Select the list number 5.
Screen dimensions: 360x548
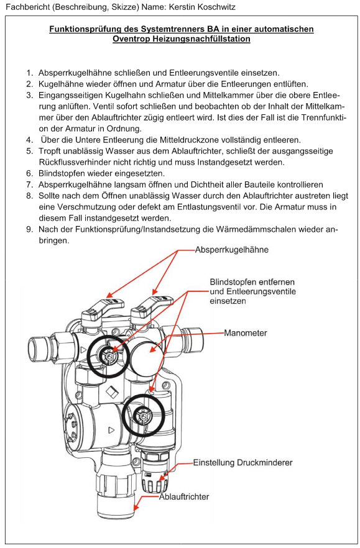30,152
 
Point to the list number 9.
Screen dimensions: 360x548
30,230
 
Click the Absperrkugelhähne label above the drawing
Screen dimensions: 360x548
231,250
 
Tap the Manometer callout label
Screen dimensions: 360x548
245,333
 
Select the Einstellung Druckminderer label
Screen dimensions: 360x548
243,463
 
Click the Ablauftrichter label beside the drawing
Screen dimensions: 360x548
184,496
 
